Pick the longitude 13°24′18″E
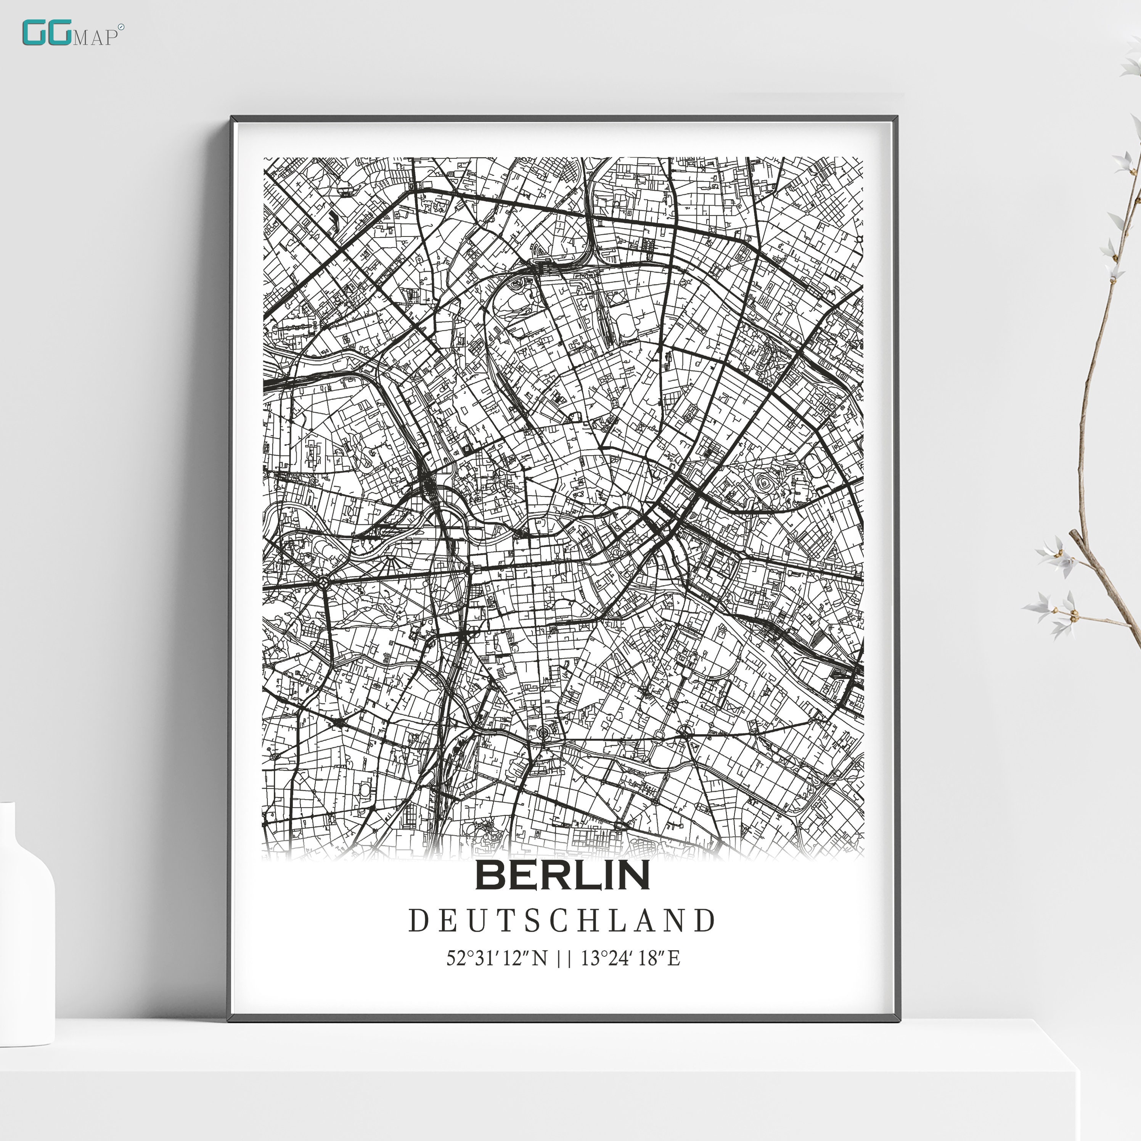630,957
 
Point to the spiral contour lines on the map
765,484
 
